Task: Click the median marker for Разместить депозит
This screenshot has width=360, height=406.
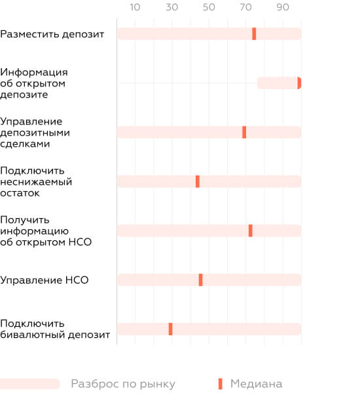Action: (x=254, y=33)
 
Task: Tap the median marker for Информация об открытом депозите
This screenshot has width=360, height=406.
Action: (x=299, y=83)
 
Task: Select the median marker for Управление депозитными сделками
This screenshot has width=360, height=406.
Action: (x=244, y=132)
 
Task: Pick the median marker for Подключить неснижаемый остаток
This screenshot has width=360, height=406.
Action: (x=198, y=181)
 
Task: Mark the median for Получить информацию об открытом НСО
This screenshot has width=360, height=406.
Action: (x=251, y=231)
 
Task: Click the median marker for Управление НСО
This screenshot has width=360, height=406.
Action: (x=201, y=280)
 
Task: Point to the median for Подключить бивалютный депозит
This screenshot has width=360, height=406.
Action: (x=171, y=329)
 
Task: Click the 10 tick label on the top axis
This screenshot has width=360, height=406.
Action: (x=135, y=7)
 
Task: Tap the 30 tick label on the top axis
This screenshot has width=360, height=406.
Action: (x=172, y=7)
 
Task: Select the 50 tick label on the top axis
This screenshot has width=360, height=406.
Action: (x=209, y=7)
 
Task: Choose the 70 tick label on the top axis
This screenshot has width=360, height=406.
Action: (x=245, y=7)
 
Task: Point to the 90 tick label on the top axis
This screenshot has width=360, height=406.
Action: (x=283, y=7)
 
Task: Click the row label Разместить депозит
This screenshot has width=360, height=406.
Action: (x=52, y=34)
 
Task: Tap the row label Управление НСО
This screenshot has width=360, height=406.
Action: (x=45, y=280)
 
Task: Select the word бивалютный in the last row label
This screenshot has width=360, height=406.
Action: (x=33, y=335)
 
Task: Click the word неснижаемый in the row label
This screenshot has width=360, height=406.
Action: (x=36, y=182)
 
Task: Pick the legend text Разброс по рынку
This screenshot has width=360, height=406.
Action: (x=123, y=384)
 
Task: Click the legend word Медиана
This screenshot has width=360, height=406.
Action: (x=256, y=384)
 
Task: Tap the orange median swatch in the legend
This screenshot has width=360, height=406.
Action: (x=220, y=384)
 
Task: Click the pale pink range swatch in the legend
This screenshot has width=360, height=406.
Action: (x=29, y=384)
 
